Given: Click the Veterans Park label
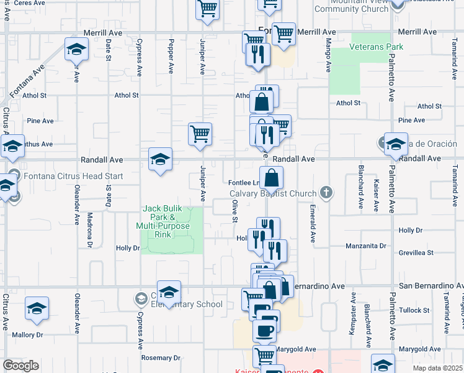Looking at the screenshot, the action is (376, 47).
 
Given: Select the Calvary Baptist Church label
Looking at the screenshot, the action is (272, 193).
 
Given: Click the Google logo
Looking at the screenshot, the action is (20, 366).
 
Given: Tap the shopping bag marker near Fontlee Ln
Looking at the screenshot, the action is (272, 178).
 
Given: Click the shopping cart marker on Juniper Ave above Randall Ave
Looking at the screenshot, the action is (200, 134).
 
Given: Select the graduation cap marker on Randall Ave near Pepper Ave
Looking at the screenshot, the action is (160, 160).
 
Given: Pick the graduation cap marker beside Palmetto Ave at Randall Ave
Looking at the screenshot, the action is (396, 145).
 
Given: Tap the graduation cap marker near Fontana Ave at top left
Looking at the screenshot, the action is (77, 48).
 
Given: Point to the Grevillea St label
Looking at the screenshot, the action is (416, 253).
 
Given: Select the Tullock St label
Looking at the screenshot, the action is (414, 310).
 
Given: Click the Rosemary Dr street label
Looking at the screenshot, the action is (160, 358).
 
